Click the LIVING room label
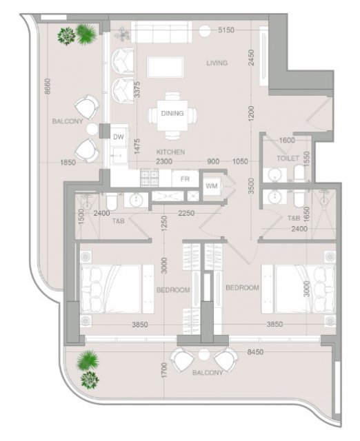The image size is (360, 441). (x=217, y=63)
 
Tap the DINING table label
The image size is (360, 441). (x=172, y=113)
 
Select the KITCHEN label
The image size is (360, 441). (x=170, y=152)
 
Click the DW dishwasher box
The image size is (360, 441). (x=119, y=137)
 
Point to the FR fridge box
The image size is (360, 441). (x=185, y=179)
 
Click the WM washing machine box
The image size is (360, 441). (x=212, y=186)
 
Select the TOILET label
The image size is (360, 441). (x=288, y=158)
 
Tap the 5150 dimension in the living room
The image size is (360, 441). (x=226, y=30)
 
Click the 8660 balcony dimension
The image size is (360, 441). (x=48, y=86)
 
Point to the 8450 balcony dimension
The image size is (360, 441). (x=255, y=352)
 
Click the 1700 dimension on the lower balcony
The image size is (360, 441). (x=164, y=370)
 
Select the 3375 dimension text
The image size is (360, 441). (x=137, y=90)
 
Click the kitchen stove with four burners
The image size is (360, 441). (x=150, y=178)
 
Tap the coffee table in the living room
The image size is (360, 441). (x=166, y=67)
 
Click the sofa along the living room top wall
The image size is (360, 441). (x=161, y=32)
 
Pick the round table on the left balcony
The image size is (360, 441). (x=92, y=129)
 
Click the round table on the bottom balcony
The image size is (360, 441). (x=203, y=354)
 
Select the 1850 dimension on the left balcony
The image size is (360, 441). (x=68, y=163)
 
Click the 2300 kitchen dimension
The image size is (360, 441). (x=164, y=161)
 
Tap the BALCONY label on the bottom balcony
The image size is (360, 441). (x=208, y=373)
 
